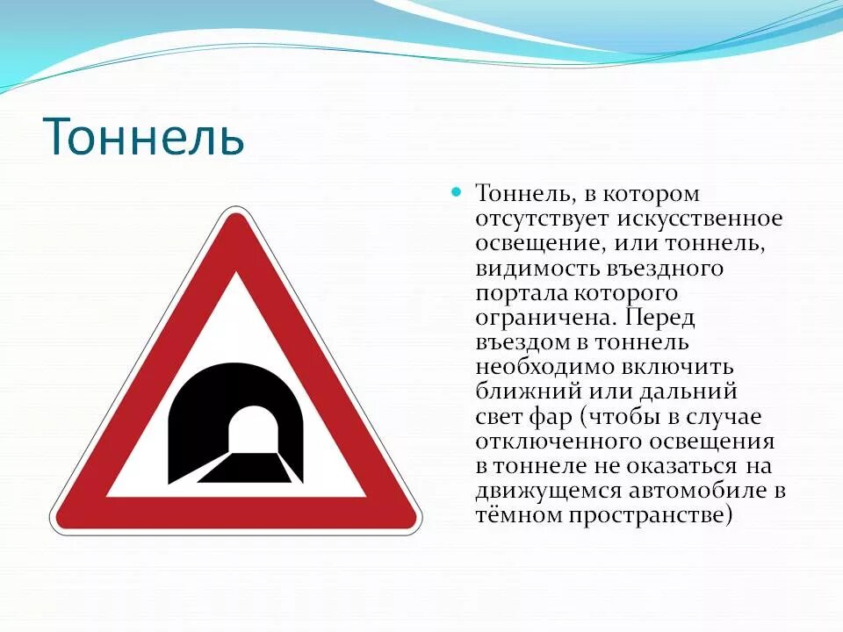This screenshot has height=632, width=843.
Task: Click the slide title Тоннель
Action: [x=142, y=137]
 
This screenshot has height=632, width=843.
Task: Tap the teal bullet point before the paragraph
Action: [x=456, y=191]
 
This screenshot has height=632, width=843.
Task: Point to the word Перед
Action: [x=664, y=316]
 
